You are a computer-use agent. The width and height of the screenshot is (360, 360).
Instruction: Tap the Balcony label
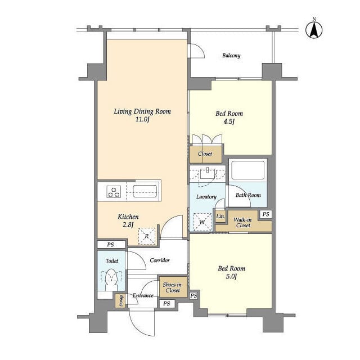tap(231, 56)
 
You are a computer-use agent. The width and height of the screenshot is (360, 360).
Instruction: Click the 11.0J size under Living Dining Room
tap(142, 119)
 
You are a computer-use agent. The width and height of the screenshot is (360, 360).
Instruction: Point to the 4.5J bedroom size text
tap(229, 121)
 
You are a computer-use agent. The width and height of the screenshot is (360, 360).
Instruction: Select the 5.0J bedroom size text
tap(231, 276)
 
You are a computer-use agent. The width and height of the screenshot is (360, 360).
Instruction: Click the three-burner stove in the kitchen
tap(114, 192)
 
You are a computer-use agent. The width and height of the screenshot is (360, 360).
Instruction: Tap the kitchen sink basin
tap(145, 191)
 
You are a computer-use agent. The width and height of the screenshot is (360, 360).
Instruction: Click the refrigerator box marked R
tap(147, 236)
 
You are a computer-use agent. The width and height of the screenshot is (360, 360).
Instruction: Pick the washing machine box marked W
tap(202, 222)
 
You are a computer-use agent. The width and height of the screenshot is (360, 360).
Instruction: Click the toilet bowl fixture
tap(111, 280)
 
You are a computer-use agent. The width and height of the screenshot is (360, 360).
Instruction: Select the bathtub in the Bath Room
tap(247, 170)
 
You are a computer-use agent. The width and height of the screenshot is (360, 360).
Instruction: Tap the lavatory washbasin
tap(208, 174)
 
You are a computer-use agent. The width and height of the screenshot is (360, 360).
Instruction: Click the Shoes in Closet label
tap(173, 287)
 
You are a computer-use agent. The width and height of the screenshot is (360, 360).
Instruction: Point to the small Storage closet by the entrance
tap(120, 301)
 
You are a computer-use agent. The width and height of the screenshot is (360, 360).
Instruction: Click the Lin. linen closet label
tap(220, 216)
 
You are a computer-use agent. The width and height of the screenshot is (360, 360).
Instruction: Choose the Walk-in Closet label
tap(242, 223)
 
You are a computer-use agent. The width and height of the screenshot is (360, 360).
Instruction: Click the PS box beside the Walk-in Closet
tap(265, 214)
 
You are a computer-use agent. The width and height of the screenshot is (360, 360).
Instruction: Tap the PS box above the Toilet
tap(111, 245)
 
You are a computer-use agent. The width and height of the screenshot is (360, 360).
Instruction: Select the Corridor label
tap(160, 260)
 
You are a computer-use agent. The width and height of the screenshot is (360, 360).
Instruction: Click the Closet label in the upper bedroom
tap(205, 154)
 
